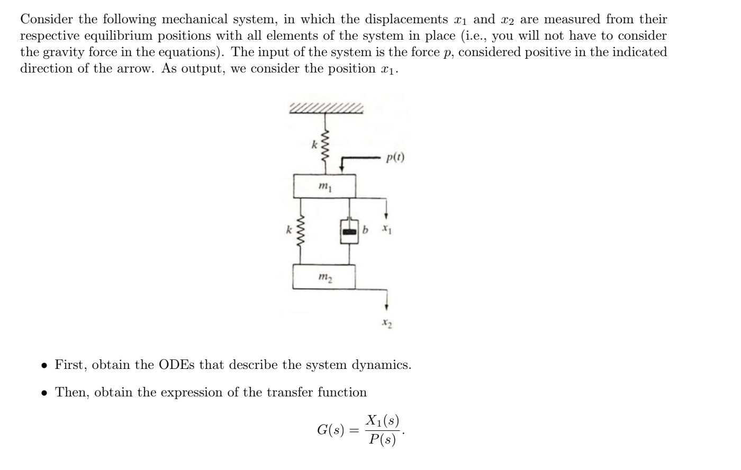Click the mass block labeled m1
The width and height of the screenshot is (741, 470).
324,186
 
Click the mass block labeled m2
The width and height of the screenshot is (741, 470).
323,277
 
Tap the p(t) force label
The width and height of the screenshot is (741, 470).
395,157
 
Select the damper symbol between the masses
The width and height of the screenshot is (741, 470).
348,231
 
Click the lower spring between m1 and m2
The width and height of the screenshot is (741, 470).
302,231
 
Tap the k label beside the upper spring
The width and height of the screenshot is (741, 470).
314,143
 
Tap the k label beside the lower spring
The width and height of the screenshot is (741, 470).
288,230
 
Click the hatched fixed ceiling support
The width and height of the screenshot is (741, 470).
327,108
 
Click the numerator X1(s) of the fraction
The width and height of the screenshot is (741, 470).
382,421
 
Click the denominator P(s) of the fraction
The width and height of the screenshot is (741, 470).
382,439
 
